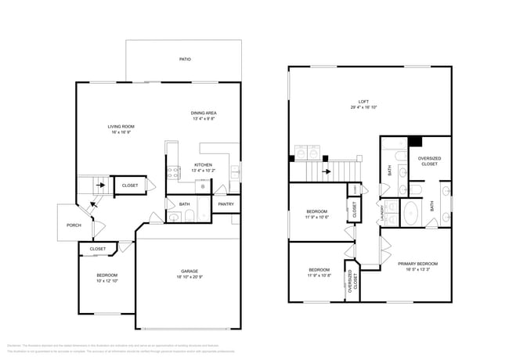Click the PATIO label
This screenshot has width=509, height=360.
click(x=185, y=59)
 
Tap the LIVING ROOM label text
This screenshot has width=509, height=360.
click(x=121, y=126)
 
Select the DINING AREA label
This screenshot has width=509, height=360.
click(x=204, y=113)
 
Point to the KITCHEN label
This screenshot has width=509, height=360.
click(x=203, y=164)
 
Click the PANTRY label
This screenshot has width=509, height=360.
click(x=226, y=204)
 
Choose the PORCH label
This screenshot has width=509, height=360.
click(x=74, y=225)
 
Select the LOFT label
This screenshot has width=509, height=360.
click(x=363, y=101)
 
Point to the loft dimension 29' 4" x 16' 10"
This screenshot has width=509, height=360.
click(x=363, y=107)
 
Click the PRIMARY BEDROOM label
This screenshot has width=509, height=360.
click(x=417, y=264)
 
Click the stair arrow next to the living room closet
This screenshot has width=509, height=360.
click(x=99, y=185)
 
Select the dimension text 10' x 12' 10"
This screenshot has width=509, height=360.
click(x=106, y=281)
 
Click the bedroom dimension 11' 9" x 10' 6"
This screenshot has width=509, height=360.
click(x=316, y=217)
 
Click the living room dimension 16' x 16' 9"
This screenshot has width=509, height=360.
click(x=121, y=132)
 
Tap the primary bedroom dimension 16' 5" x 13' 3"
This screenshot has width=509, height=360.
click(x=417, y=270)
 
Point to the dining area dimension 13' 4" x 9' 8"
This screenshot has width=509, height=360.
click(x=204, y=120)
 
